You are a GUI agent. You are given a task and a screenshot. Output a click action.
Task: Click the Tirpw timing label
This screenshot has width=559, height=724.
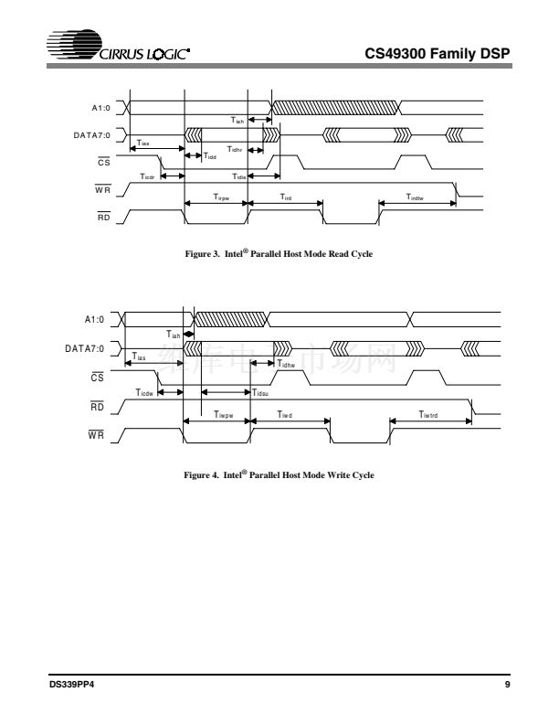221,197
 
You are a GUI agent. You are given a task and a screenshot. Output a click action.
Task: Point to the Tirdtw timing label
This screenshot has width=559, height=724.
416,197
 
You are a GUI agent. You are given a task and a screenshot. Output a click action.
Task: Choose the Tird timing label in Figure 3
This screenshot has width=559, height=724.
285,197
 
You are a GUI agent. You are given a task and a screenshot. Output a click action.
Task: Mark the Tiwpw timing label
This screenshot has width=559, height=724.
224,414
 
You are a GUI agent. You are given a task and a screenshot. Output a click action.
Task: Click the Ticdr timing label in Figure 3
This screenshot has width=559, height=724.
147,176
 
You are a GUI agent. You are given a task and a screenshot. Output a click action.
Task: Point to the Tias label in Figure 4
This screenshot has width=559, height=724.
140,358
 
